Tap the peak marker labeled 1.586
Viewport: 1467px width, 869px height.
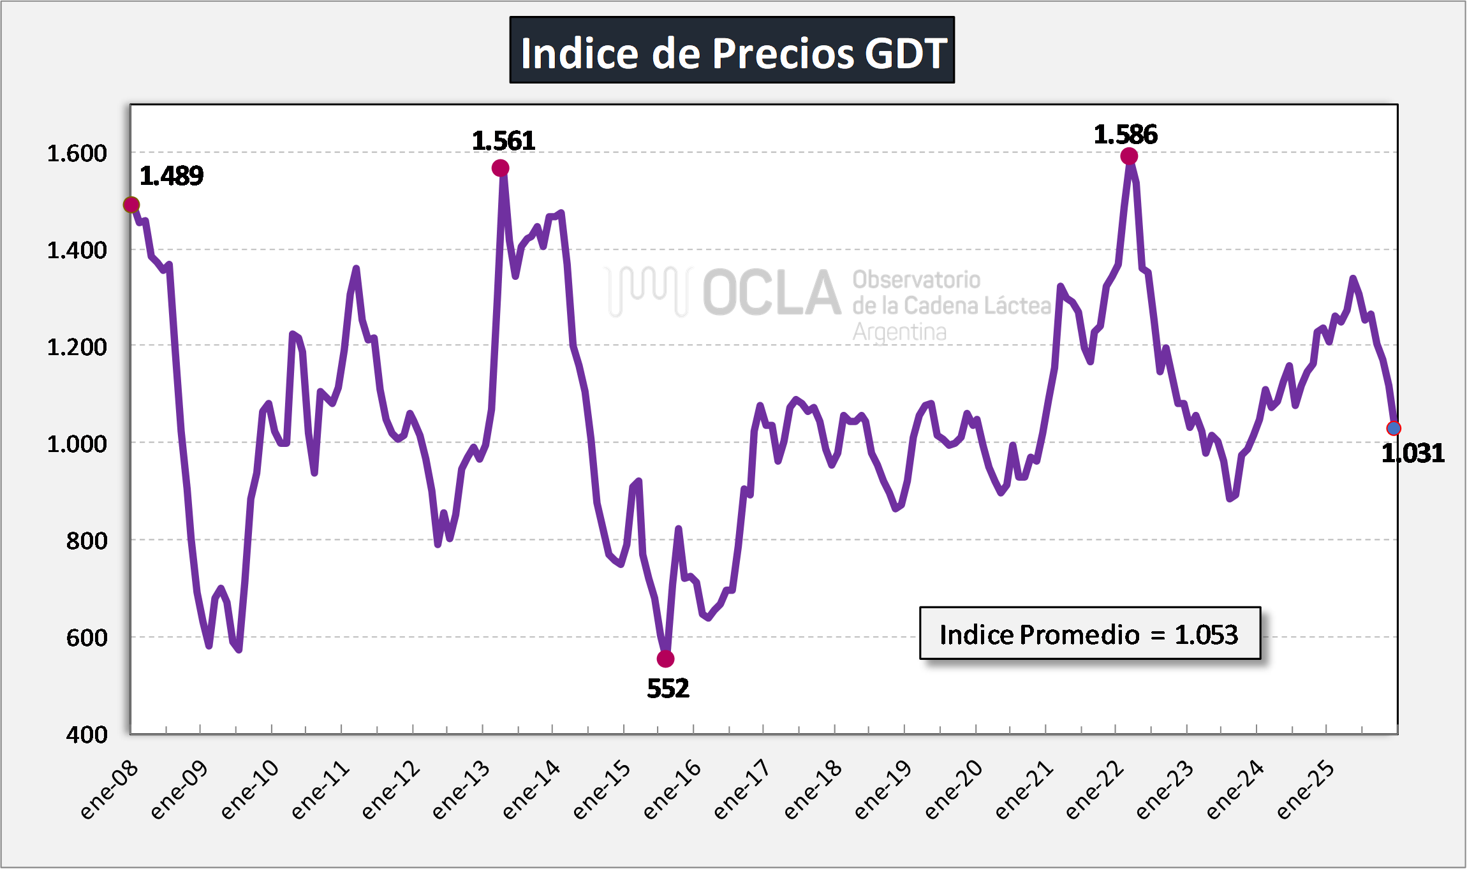(x=1128, y=156)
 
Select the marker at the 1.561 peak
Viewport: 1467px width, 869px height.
(x=500, y=168)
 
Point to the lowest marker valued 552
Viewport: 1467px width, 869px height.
(x=665, y=659)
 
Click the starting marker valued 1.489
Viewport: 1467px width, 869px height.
(x=131, y=205)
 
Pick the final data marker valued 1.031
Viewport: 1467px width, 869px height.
(x=1394, y=428)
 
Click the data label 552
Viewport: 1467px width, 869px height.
(x=668, y=689)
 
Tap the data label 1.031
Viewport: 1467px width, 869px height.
(x=1412, y=453)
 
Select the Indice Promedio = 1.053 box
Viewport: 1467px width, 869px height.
(x=1089, y=633)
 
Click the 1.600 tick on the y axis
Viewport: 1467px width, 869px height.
(x=77, y=154)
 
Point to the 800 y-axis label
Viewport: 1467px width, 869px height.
(x=87, y=541)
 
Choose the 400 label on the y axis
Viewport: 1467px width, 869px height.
(x=87, y=734)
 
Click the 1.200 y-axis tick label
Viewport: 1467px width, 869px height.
(x=77, y=347)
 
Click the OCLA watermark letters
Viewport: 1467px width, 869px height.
(x=772, y=293)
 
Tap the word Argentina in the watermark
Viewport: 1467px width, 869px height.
(x=899, y=332)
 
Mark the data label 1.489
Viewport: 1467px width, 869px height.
(x=171, y=176)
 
